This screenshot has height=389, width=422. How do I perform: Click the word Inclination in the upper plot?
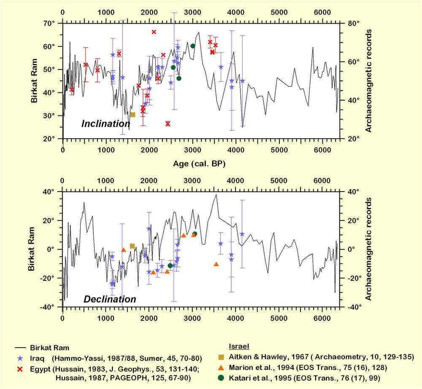coord(105,124)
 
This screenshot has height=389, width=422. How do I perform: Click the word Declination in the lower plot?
coord(110,300)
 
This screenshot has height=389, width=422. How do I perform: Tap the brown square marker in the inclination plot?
coord(133,115)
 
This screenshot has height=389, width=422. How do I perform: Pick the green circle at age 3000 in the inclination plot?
coord(193,46)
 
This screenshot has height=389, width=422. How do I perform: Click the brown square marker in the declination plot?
coord(132,246)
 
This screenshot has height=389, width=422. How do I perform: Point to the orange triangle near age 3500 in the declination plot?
coord(216,264)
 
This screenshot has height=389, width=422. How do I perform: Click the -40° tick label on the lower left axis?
coord(48,307)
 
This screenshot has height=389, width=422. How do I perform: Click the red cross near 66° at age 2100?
coord(154,32)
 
